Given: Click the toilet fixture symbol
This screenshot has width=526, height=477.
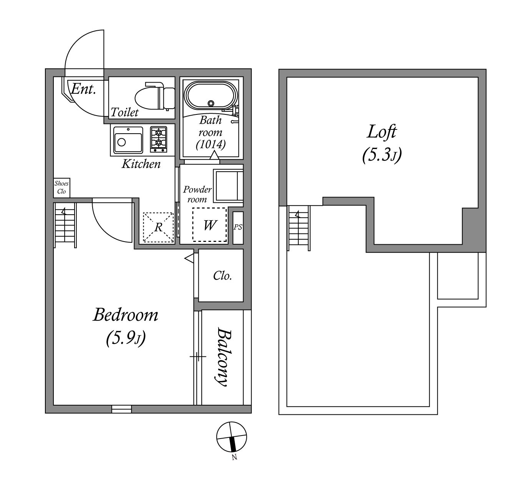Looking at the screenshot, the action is coord(155,96).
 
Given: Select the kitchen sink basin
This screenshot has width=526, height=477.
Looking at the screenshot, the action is coord(128,140).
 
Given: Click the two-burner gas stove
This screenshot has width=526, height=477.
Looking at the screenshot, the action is coord(159,139).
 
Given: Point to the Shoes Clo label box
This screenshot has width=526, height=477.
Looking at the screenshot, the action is coord(61,187).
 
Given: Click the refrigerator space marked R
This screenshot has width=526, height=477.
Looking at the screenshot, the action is coord(158,227).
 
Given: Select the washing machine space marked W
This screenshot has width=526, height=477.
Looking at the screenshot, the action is coord(209,225).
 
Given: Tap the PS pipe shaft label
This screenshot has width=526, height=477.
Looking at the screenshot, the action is coord(238,227).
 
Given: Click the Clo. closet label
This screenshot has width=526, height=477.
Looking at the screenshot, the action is coord(222,276).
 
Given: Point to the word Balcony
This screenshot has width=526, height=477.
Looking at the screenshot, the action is coord(224,357).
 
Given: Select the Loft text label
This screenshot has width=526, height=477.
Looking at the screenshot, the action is coord(382,132).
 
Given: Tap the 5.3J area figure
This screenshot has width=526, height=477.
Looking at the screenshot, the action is coord(382,156).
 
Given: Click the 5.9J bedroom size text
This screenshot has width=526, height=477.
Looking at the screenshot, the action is coord(126,338).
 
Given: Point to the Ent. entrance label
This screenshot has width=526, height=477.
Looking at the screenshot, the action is coord(83,89).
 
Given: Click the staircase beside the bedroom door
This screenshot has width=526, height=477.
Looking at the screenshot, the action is coord(65,225).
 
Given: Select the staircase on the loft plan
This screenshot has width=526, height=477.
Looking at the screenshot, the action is coord(299,228).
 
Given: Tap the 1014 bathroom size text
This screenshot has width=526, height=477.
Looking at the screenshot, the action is coord(211,144).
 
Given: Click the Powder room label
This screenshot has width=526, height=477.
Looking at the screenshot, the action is coord(197,194).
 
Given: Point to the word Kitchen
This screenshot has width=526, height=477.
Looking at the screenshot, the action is coord(141,164).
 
